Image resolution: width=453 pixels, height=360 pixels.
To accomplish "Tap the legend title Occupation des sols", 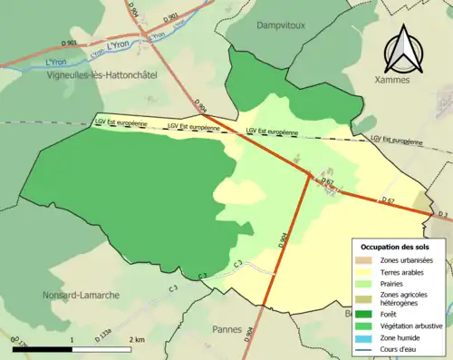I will (395, 247).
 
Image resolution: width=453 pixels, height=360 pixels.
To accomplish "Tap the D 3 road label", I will (443, 214).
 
